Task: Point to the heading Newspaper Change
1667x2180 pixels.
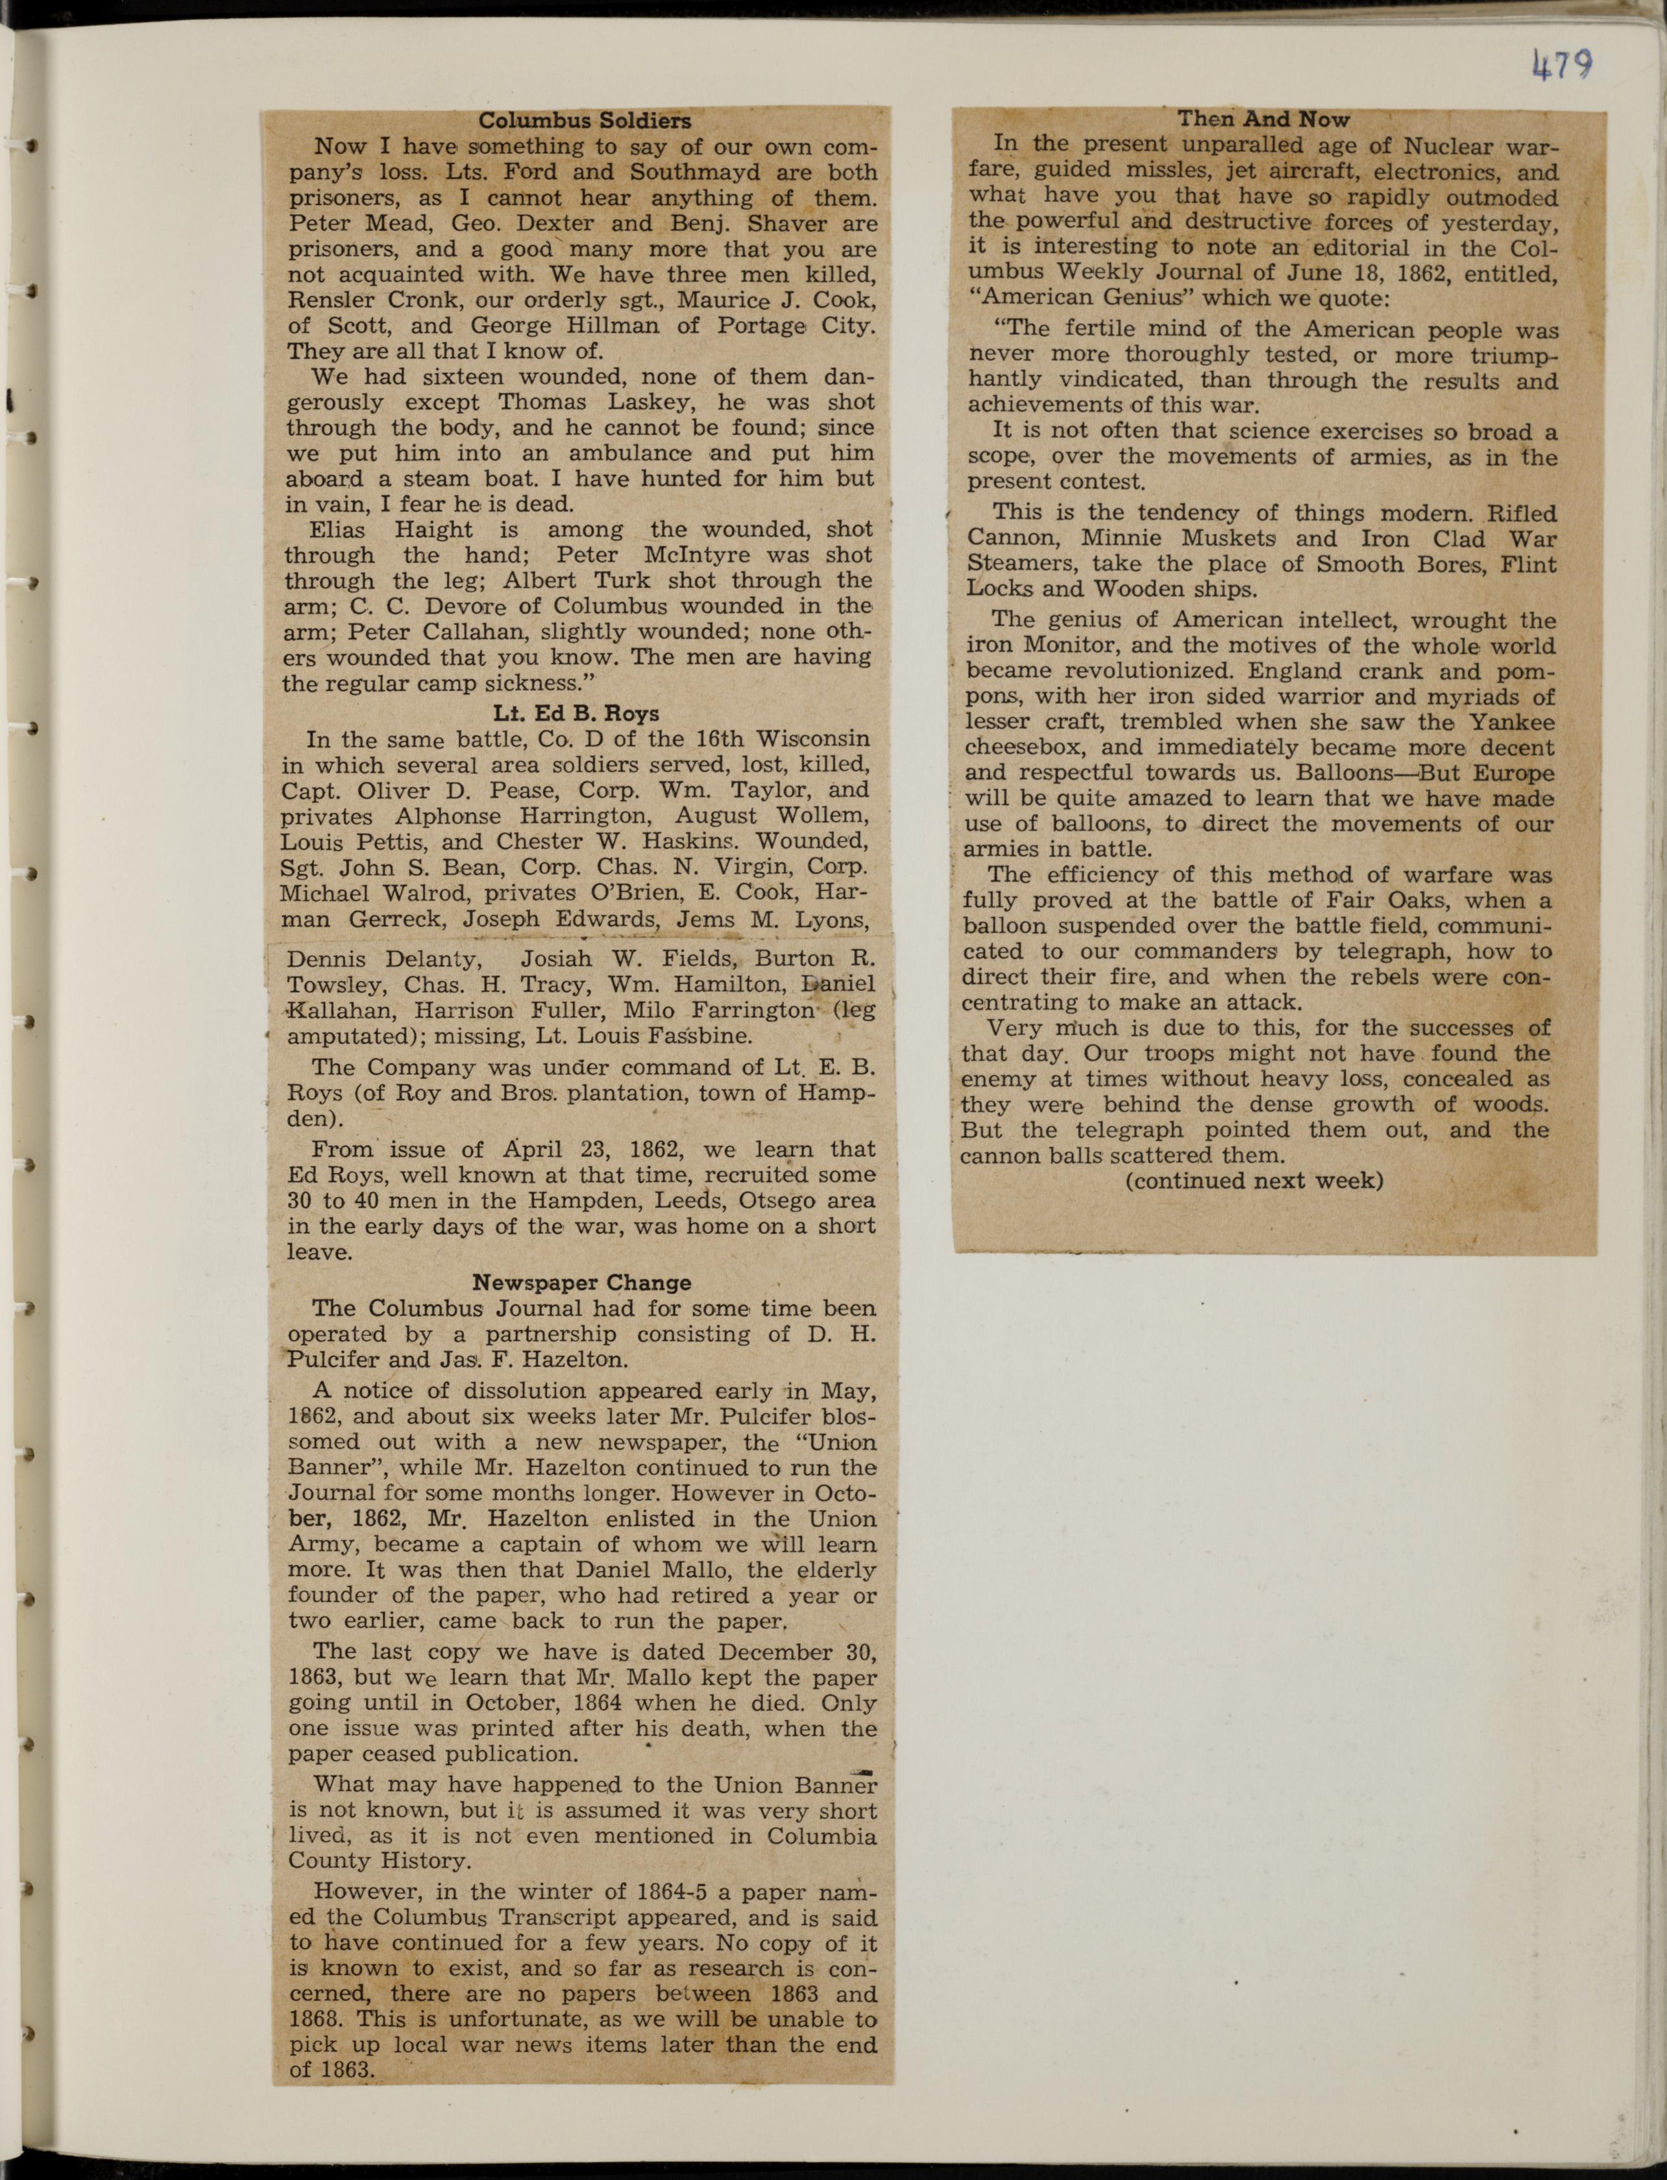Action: (581, 1282)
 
